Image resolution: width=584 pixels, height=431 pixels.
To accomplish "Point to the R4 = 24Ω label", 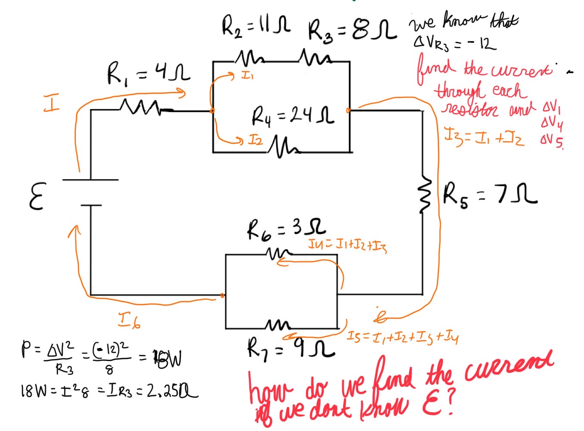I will click(292, 116).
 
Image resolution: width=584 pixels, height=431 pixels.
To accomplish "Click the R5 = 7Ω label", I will click(489, 195).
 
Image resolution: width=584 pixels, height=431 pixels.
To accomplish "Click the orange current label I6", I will click(129, 320).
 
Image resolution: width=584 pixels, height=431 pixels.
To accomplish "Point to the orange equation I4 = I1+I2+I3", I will click(347, 245).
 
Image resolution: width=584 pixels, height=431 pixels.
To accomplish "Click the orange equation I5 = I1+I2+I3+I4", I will click(402, 337).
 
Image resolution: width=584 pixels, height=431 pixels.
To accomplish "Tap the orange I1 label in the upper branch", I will click(247, 76).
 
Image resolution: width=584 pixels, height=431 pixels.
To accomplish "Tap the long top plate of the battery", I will click(90, 179).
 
